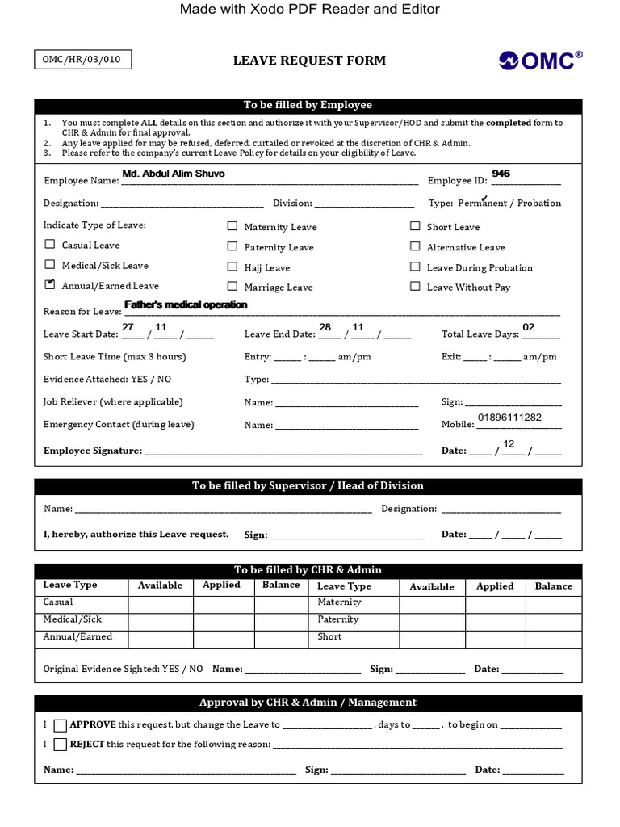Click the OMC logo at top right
(540, 61)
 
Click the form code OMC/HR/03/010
(82, 60)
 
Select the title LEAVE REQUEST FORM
(309, 61)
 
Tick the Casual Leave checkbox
(50, 244)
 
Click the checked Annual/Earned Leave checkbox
(50, 284)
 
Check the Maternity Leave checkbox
(232, 227)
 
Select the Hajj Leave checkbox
(232, 267)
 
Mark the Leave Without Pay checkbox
(415, 286)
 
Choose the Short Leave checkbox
(415, 226)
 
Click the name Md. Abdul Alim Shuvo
(174, 174)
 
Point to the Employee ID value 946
(501, 174)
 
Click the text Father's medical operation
(186, 304)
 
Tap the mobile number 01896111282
(509, 418)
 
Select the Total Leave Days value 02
(529, 327)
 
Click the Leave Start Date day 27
(128, 327)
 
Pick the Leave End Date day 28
(325, 327)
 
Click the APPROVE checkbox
(61, 725)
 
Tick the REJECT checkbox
(61, 745)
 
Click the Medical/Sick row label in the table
(73, 619)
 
